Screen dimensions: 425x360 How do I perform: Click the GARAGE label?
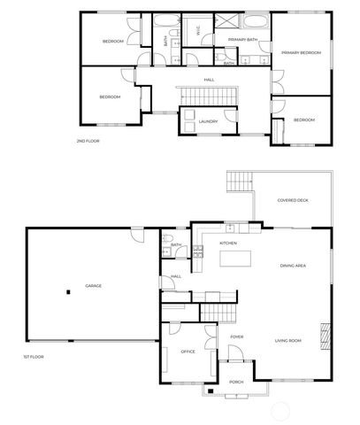point(93,286)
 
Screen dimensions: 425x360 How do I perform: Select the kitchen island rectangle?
point(234,259)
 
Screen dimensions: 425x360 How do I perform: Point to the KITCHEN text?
point(228,243)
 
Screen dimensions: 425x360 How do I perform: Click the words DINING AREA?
point(293,266)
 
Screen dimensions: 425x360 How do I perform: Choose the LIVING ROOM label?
point(288,341)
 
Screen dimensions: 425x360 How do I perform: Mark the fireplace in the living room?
point(324,336)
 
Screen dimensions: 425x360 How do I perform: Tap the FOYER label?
point(237,337)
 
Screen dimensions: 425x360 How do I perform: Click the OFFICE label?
point(188,352)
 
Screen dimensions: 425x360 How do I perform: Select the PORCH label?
point(236,382)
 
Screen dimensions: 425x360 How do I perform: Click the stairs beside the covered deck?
point(240,182)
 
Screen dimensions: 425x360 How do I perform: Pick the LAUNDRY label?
point(209,121)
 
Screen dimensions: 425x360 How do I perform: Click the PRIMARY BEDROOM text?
point(301,53)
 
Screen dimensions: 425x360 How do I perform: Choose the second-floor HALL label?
point(209,80)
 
